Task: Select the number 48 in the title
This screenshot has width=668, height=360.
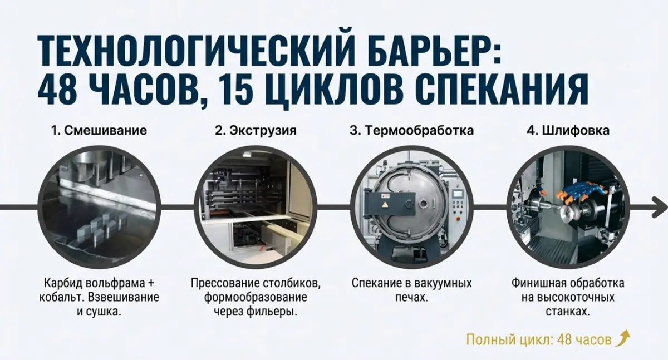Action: (59, 88)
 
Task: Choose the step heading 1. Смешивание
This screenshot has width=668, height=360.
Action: (99, 131)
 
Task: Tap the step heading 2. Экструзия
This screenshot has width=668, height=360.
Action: (256, 131)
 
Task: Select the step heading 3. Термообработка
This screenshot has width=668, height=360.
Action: (411, 131)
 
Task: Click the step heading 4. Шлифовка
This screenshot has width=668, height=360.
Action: (568, 131)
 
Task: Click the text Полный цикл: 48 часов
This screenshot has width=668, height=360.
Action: (538, 339)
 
